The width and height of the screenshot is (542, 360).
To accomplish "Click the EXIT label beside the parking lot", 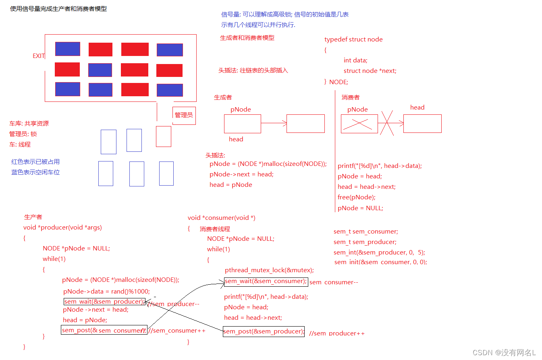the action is [39, 56].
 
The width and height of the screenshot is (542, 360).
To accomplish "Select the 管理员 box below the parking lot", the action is [184, 115].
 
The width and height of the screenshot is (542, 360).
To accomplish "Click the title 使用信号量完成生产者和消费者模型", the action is [58, 8].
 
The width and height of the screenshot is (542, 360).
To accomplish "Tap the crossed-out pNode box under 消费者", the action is [359, 124].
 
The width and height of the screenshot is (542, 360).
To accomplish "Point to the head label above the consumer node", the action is [417, 107].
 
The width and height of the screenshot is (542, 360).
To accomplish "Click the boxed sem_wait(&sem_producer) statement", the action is [104, 301].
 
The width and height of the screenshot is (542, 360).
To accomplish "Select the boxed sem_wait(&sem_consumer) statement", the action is [266, 281].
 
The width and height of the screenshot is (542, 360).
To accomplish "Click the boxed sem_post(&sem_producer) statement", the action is [264, 331].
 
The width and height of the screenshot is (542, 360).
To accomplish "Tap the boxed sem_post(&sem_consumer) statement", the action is [104, 330].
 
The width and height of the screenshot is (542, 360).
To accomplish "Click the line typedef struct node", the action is [353, 39].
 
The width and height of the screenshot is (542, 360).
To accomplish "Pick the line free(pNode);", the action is [356, 197].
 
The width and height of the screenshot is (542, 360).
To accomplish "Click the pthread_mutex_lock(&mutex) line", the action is [269, 270].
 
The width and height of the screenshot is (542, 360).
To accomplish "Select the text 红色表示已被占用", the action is [35, 162].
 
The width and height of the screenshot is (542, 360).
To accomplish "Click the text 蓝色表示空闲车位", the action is [35, 172].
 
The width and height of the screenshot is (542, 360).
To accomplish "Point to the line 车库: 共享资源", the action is [29, 124].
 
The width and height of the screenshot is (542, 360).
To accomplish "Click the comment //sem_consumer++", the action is [177, 331].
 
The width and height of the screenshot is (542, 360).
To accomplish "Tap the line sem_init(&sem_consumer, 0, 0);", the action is [380, 262].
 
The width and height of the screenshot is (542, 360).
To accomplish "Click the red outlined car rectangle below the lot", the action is [163, 137].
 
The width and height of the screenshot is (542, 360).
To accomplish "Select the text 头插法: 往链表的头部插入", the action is [253, 70].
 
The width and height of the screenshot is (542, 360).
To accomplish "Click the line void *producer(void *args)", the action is [62, 228].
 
